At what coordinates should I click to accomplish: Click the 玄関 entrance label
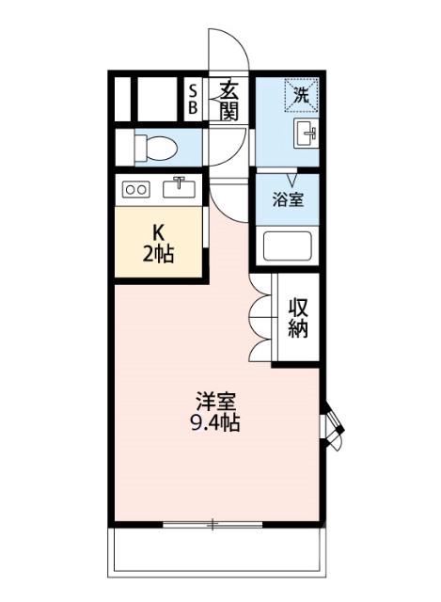(228, 99)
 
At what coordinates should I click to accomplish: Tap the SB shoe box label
(193, 99)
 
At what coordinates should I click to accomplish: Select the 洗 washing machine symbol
(301, 94)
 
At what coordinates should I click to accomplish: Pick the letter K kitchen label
(159, 231)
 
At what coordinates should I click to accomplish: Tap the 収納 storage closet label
(299, 318)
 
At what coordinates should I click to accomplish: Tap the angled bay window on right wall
(331, 426)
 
